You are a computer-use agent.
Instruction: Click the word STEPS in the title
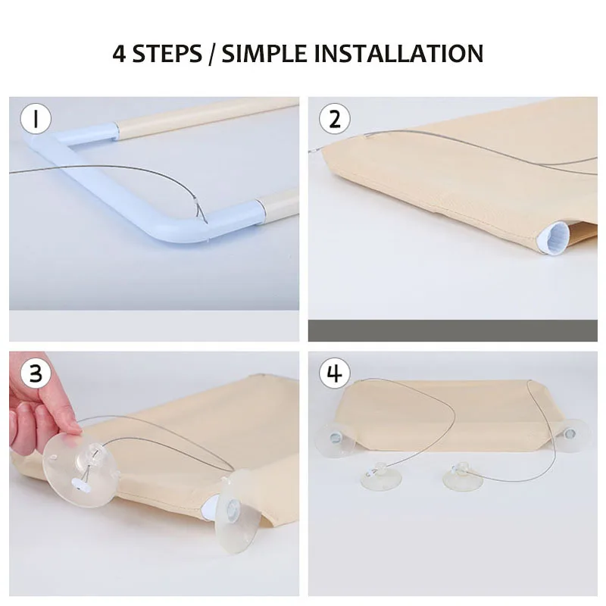167,53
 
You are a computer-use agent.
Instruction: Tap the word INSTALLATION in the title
398,53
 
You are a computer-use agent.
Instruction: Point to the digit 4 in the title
120,53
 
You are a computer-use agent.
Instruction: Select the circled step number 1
36,119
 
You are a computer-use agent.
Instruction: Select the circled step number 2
335,119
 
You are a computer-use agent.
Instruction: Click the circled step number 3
36,373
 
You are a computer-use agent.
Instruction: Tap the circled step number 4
335,373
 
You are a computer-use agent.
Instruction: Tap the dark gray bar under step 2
452,330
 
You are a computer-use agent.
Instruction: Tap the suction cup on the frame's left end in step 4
335,439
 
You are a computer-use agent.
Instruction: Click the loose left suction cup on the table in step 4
382,477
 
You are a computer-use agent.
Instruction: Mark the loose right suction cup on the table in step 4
463,477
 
